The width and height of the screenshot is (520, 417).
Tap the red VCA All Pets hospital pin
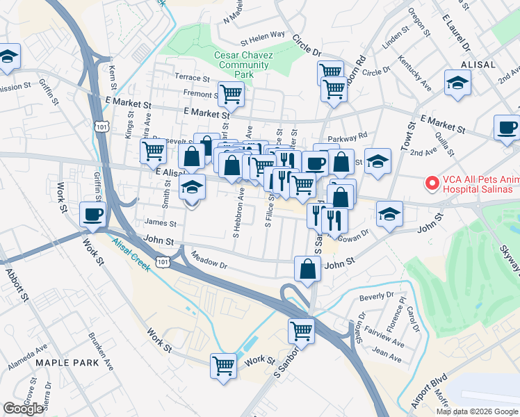[x=432, y=184]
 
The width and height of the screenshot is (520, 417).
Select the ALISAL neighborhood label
[x=477, y=65]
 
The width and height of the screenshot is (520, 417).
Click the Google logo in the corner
[x=23, y=409]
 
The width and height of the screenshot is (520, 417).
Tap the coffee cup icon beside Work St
[x=92, y=215]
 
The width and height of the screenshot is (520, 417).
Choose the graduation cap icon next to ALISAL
[x=458, y=84]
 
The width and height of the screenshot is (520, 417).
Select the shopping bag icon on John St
[x=307, y=270]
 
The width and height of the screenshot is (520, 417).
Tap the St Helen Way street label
[x=263, y=35]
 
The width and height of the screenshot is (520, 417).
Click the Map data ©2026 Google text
[x=476, y=411]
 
